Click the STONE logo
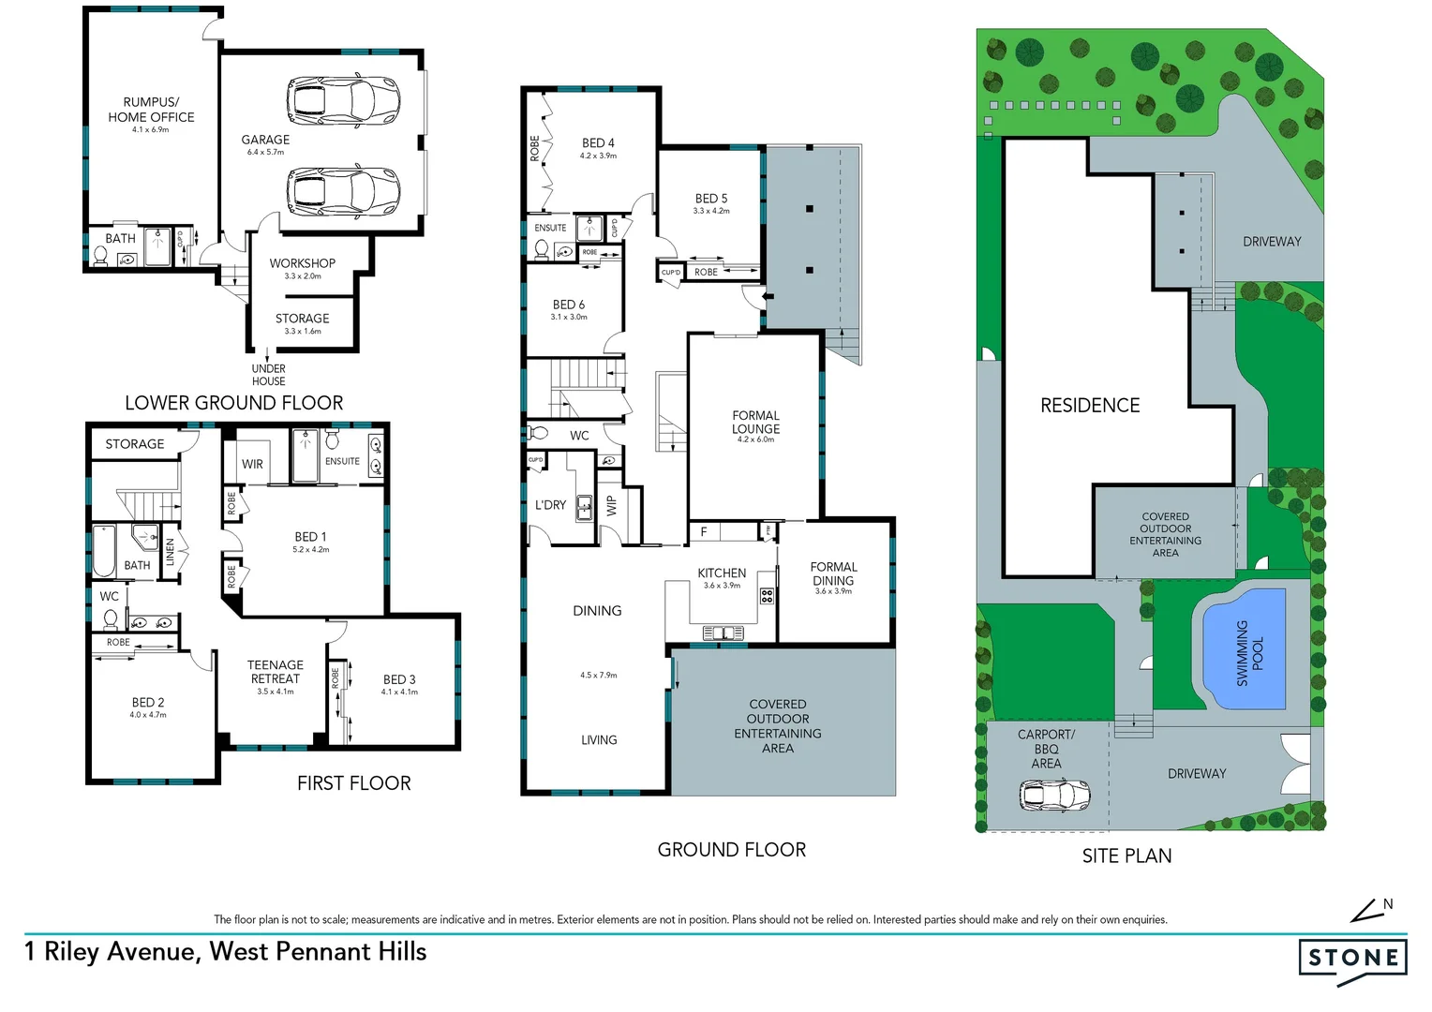(x=1352, y=959)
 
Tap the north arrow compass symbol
(x=1371, y=910)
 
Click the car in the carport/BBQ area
(x=1054, y=796)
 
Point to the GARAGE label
(x=265, y=140)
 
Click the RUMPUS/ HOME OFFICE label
(x=151, y=110)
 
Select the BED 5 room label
(x=711, y=199)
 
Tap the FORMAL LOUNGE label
(x=755, y=422)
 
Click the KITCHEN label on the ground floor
(x=722, y=573)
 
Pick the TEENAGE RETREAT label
(x=275, y=672)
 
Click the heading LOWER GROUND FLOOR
(x=234, y=403)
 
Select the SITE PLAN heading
(x=1126, y=856)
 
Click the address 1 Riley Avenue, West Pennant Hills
(x=225, y=952)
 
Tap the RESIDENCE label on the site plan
(x=1090, y=406)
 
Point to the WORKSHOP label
(x=302, y=263)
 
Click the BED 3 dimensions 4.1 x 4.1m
(x=399, y=692)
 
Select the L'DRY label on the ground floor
(x=550, y=505)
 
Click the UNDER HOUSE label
(x=268, y=375)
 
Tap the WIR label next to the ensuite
(x=252, y=464)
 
